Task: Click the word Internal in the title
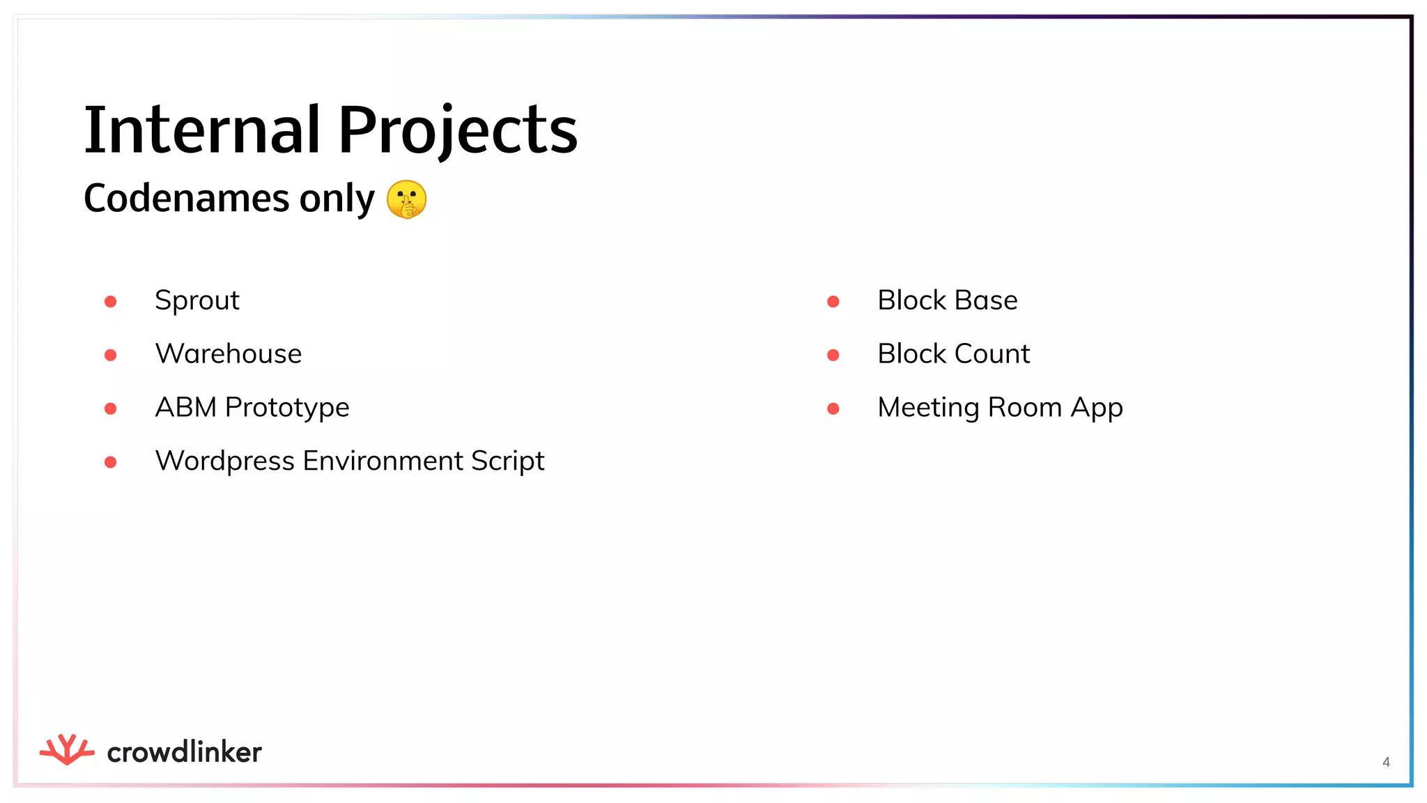point(202,130)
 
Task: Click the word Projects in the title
point(458,130)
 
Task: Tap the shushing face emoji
point(406,199)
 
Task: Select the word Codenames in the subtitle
point(186,199)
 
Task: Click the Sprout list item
point(197,301)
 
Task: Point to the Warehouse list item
point(229,354)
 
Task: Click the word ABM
point(185,408)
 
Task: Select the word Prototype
point(287,408)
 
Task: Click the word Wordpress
point(224,461)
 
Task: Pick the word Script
point(507,461)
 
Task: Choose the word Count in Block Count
point(992,354)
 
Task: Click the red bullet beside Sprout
point(110,302)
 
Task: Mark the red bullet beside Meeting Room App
point(833,408)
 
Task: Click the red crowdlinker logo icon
point(67,750)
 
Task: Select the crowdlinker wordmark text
point(185,752)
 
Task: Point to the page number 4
point(1386,762)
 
